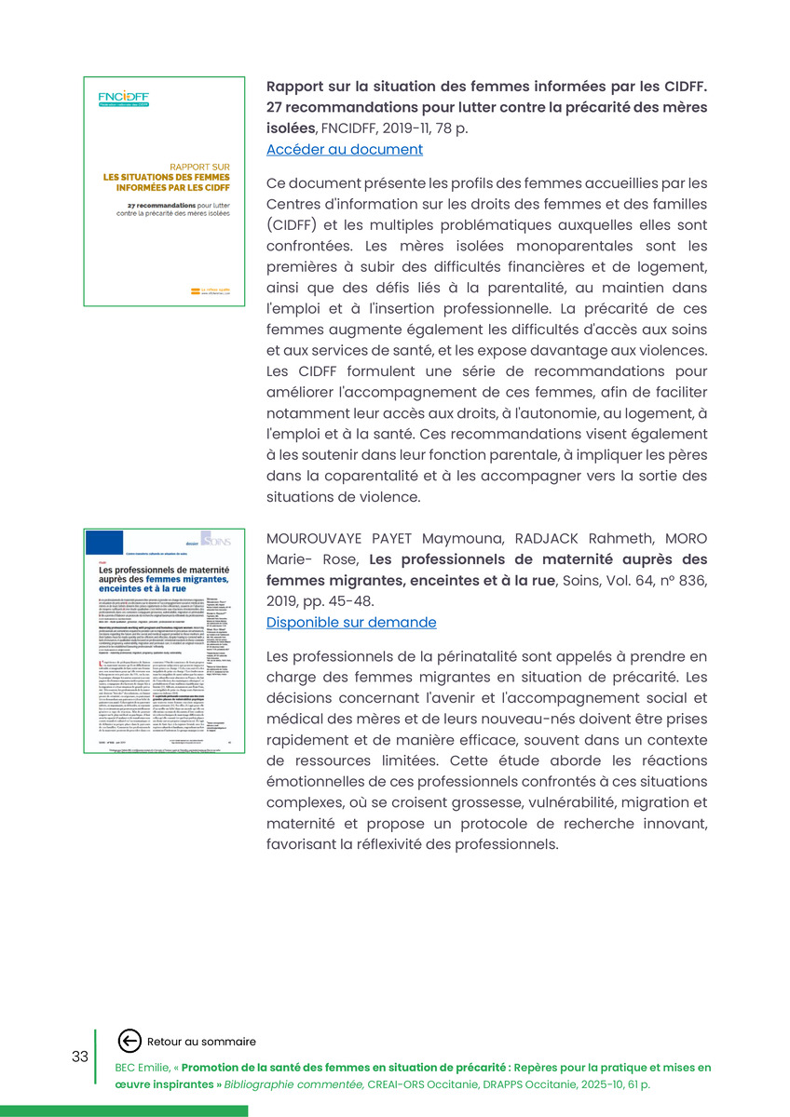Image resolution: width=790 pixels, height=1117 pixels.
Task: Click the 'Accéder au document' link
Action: coord(344,150)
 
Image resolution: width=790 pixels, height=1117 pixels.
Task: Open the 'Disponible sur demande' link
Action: coord(350,623)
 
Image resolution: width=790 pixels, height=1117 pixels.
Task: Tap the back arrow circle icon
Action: coord(130,1042)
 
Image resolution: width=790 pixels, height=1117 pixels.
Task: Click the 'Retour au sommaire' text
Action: coord(201,1042)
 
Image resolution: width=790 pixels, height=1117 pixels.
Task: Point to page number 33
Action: coord(80,1056)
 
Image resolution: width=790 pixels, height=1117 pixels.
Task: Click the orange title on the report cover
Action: coord(162,178)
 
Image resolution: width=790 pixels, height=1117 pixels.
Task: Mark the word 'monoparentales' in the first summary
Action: coord(570,247)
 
